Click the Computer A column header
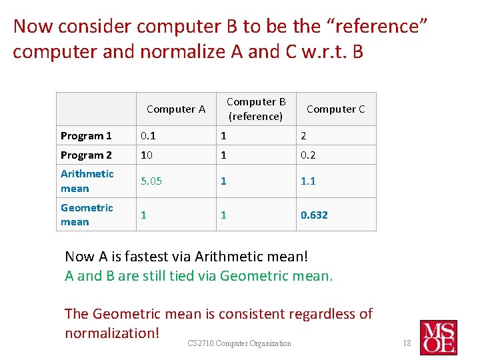coord(175,109)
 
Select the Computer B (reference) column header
coord(256,109)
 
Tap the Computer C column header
coord(335,109)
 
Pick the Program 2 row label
coord(86,155)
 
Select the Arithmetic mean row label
coord(87,181)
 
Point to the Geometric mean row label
coord(87,215)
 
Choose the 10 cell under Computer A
coord(146,155)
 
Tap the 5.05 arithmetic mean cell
coord(151,181)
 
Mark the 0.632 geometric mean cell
coord(314,215)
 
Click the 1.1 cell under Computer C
coord(308,181)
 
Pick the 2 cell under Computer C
coord(304,136)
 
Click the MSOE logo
coord(438,337)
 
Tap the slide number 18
coord(407,343)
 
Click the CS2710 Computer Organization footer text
coord(239,343)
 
